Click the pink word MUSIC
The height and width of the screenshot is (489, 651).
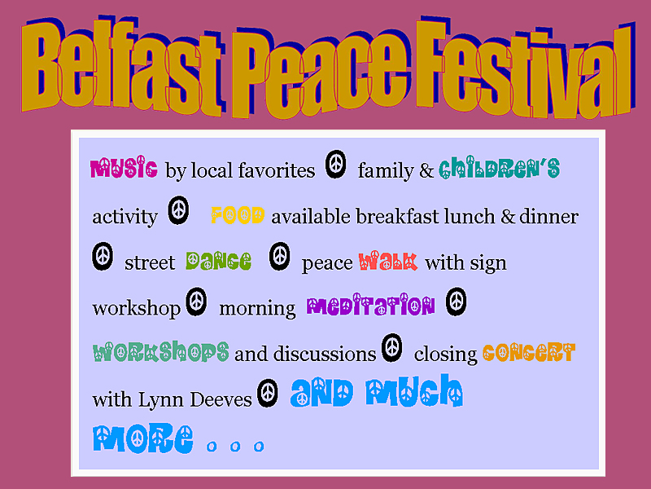(124, 168)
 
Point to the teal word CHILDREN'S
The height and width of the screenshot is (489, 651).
(500, 168)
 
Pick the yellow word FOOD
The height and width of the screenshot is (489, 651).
(238, 215)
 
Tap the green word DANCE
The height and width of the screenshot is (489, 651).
(218, 261)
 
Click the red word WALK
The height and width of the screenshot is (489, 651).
(388, 261)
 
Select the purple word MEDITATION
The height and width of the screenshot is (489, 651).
(371, 305)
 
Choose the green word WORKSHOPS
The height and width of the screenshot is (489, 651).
(161, 351)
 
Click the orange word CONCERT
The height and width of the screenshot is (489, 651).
(529, 352)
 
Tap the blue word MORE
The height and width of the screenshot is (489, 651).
(143, 438)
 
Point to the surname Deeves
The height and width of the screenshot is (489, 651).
(221, 399)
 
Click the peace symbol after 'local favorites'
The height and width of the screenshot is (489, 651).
(335, 165)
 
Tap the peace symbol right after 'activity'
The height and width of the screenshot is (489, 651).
(178, 210)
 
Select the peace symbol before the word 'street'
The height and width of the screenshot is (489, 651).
(103, 256)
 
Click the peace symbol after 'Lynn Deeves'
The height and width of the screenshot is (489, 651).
(268, 393)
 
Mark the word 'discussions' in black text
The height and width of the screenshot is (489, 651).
(325, 354)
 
